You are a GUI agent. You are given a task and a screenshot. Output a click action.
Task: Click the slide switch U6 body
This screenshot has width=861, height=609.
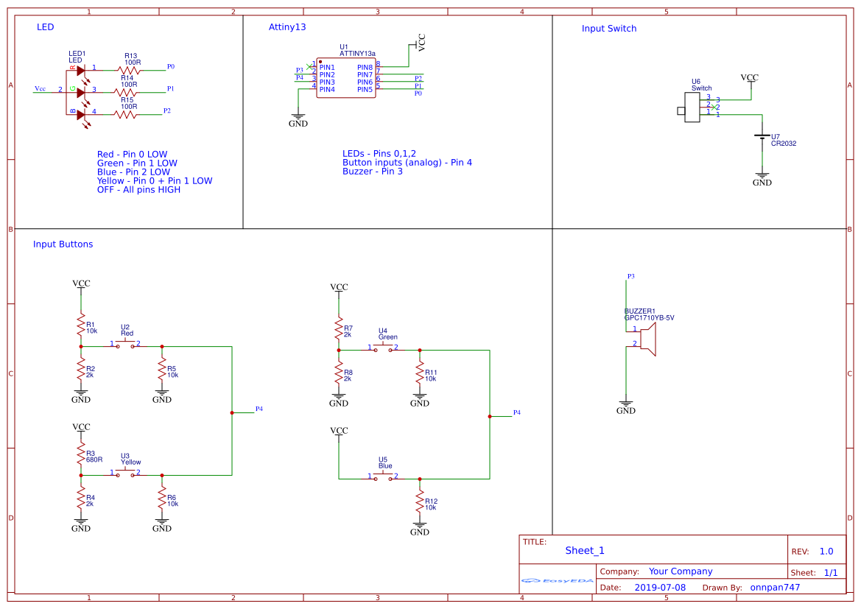point(692,108)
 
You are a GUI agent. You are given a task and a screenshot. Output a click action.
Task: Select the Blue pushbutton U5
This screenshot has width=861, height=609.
point(384,476)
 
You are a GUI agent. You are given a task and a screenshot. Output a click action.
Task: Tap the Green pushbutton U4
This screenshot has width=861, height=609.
point(384,348)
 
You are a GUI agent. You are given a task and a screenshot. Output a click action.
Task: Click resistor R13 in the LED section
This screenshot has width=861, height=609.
point(129,71)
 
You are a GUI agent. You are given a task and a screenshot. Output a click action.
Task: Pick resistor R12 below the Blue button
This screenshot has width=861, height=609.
point(420,503)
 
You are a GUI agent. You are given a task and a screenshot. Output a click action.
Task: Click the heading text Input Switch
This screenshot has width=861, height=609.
point(608,29)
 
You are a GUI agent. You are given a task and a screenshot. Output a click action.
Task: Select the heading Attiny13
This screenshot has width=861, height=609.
point(287,27)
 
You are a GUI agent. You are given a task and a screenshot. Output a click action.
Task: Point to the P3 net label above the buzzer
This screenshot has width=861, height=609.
point(630,276)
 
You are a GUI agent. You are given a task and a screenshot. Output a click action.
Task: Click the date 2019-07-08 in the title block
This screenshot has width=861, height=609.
point(659,588)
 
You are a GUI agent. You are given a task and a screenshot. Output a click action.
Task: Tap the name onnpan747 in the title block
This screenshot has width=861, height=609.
point(775,588)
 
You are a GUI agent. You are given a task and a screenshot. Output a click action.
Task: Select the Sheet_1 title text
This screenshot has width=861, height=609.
point(585,550)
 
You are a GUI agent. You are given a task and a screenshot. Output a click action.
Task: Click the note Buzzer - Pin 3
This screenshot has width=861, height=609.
point(372,172)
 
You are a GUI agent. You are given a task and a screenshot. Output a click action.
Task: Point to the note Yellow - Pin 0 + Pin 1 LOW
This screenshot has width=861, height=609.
point(154,180)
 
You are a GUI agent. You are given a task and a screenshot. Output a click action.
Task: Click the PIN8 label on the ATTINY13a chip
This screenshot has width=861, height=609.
point(365,67)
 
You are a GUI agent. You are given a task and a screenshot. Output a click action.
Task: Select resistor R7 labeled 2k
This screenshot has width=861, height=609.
point(339,326)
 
